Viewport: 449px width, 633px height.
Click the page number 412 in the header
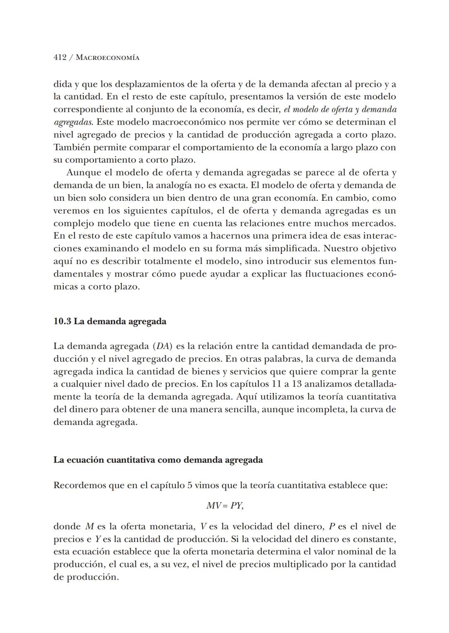tap(60, 58)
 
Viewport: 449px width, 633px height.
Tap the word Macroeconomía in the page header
tap(108, 58)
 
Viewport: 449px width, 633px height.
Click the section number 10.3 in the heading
tap(62, 321)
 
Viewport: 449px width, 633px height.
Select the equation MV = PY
tap(224, 506)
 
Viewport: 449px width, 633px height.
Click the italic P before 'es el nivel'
tap(332, 527)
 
